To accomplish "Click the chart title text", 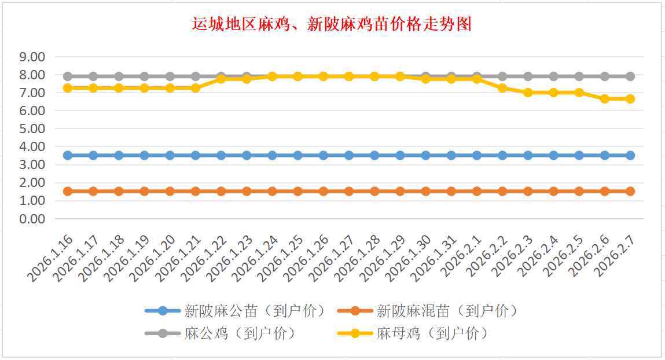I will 332,24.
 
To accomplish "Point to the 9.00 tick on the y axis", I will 32,57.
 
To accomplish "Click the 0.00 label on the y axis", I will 32,219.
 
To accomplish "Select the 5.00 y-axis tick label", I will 32,128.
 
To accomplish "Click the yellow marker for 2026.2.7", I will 630,99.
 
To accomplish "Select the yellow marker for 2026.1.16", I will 68,88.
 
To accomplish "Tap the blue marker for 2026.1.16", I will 68,155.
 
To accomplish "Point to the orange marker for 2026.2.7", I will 630,191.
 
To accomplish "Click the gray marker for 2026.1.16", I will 68,76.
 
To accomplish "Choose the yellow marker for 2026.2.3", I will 528,93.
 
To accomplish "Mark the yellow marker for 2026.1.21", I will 196,88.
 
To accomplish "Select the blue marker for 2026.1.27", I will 349,155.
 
